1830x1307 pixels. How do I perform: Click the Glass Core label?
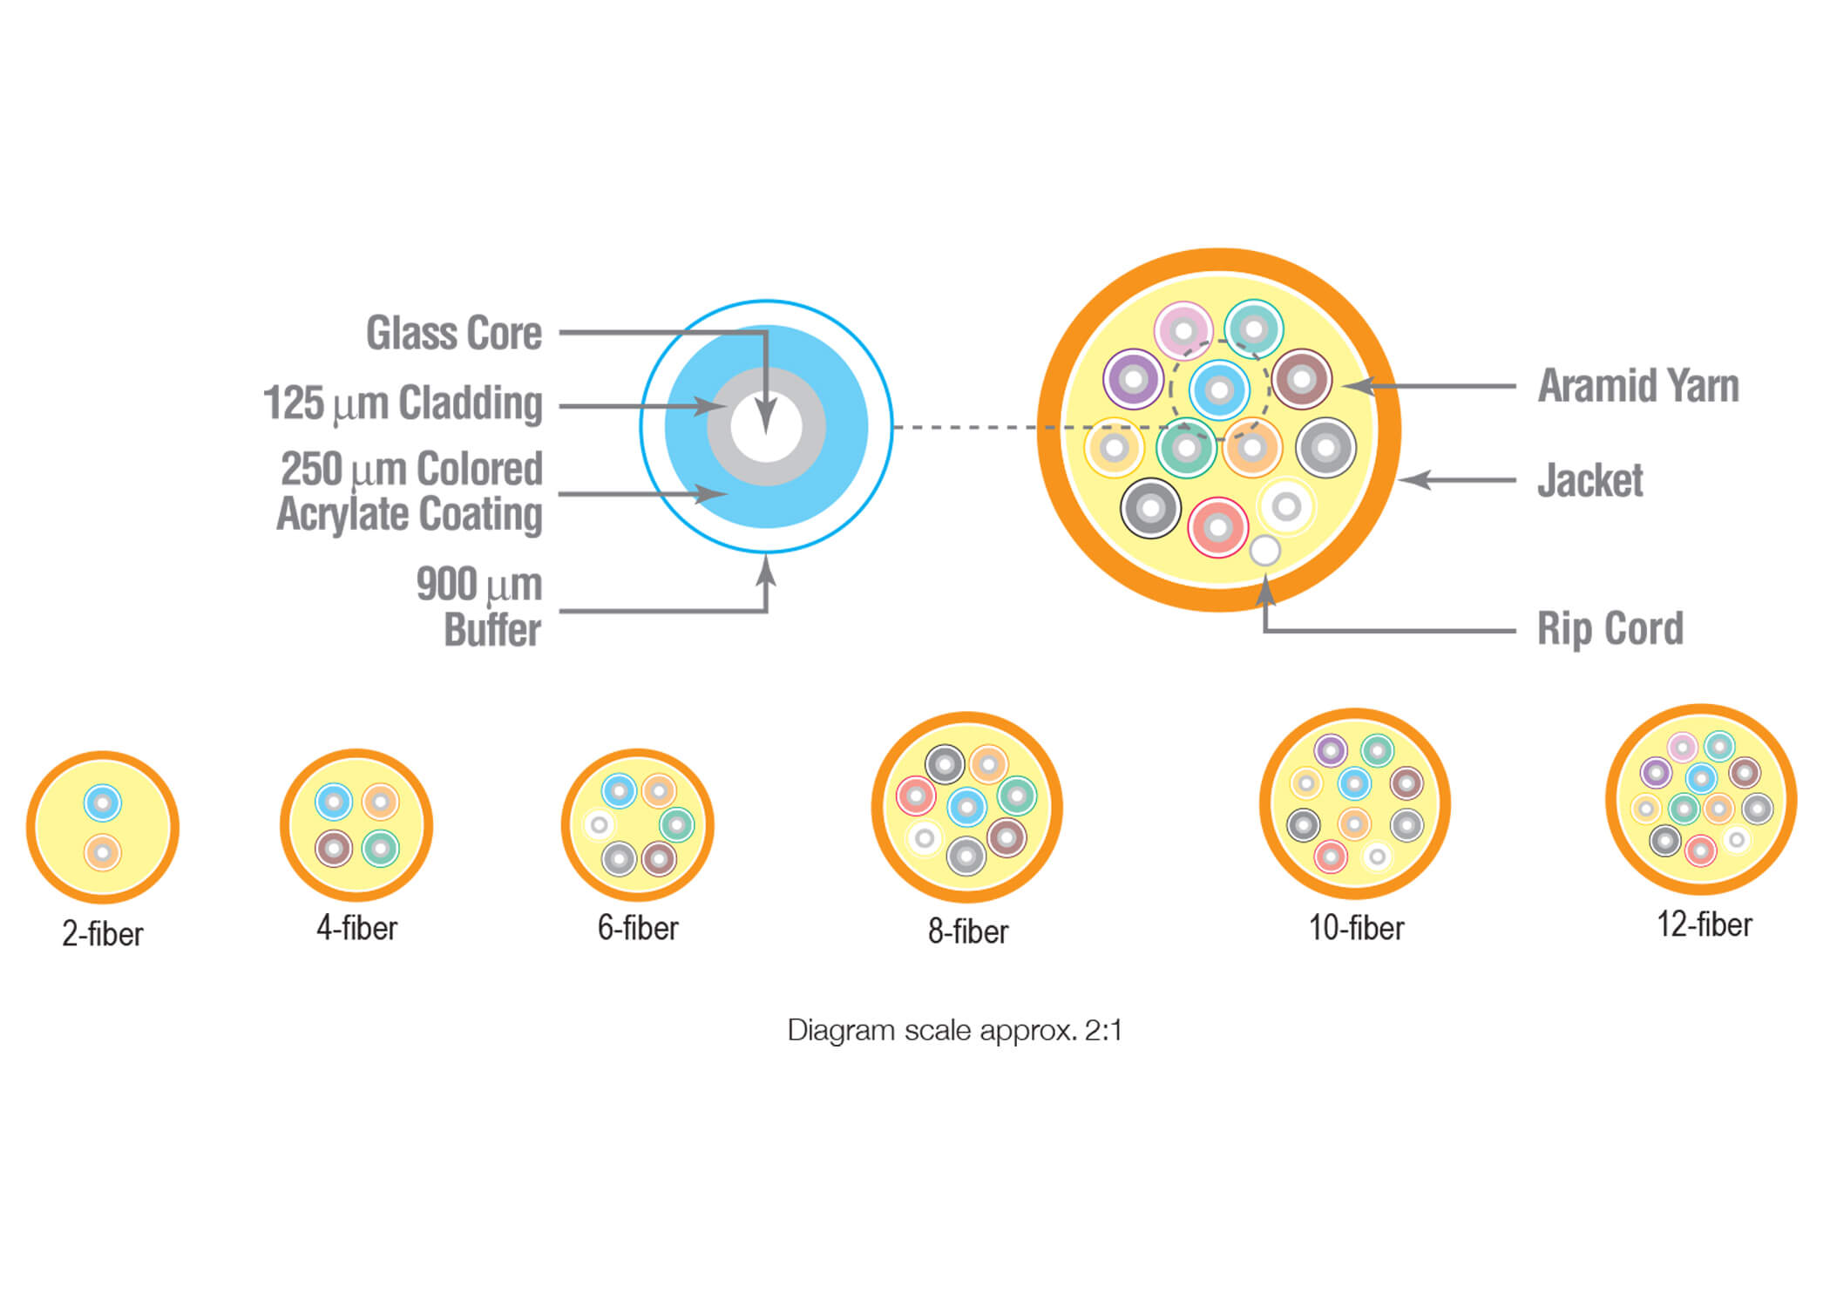pyautogui.click(x=454, y=333)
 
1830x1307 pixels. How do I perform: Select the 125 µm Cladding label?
pyautogui.click(x=403, y=403)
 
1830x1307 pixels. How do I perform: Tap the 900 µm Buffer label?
pyautogui.click(x=479, y=606)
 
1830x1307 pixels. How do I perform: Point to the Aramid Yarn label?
pyautogui.click(x=1638, y=386)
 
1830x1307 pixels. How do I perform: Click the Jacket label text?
pyautogui.click(x=1590, y=480)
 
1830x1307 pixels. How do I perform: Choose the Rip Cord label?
pyautogui.click(x=1610, y=629)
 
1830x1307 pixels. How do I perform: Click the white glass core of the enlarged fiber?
pyautogui.click(x=766, y=427)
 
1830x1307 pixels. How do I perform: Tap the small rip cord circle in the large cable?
pyautogui.click(x=1264, y=551)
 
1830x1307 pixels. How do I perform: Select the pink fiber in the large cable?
pyautogui.click(x=1183, y=331)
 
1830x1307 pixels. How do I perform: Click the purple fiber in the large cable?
pyautogui.click(x=1133, y=380)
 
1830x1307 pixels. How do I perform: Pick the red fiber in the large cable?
pyautogui.click(x=1218, y=527)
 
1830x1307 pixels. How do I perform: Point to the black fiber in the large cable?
pyautogui.click(x=1150, y=508)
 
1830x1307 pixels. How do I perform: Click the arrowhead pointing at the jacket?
pyautogui.click(x=1414, y=479)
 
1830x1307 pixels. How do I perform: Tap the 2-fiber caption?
pyautogui.click(x=102, y=934)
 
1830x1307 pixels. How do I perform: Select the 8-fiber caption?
pyautogui.click(x=968, y=931)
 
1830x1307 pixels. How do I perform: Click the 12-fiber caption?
pyautogui.click(x=1704, y=924)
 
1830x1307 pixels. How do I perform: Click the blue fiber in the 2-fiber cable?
pyautogui.click(x=102, y=803)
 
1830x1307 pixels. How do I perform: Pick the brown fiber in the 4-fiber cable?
pyautogui.click(x=333, y=848)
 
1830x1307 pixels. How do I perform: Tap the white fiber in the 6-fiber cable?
pyautogui.click(x=599, y=824)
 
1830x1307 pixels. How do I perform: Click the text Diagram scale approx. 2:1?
pyautogui.click(x=954, y=1031)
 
